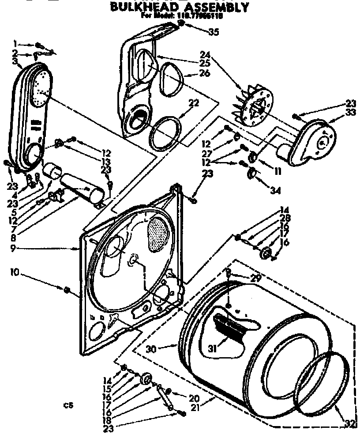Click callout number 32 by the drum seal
click(x=349, y=424)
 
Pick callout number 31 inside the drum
click(x=213, y=348)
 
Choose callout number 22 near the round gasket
click(x=193, y=103)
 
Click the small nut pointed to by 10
click(x=67, y=290)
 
